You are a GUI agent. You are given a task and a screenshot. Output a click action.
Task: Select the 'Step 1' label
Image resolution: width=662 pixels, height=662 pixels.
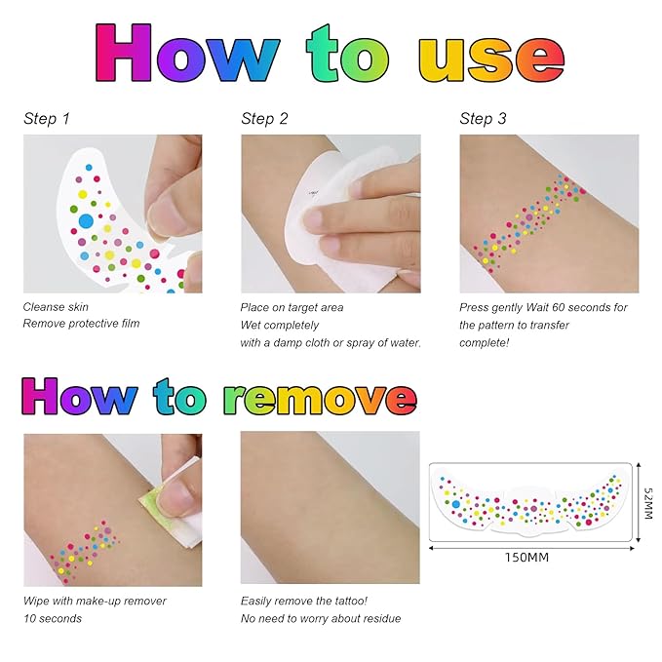47,119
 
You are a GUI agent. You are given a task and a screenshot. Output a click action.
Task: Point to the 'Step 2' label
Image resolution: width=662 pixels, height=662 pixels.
264,119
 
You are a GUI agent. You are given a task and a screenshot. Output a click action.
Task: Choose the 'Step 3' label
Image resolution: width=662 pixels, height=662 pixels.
483,119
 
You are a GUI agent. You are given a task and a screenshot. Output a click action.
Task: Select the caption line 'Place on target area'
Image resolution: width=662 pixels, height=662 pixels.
292,307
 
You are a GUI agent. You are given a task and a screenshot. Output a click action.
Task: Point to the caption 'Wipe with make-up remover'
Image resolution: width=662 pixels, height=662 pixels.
95,601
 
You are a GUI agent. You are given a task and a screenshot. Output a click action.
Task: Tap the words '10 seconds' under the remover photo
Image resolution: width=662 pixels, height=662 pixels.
53,618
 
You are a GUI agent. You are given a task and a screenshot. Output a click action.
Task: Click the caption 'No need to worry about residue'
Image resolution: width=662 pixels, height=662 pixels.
321,618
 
